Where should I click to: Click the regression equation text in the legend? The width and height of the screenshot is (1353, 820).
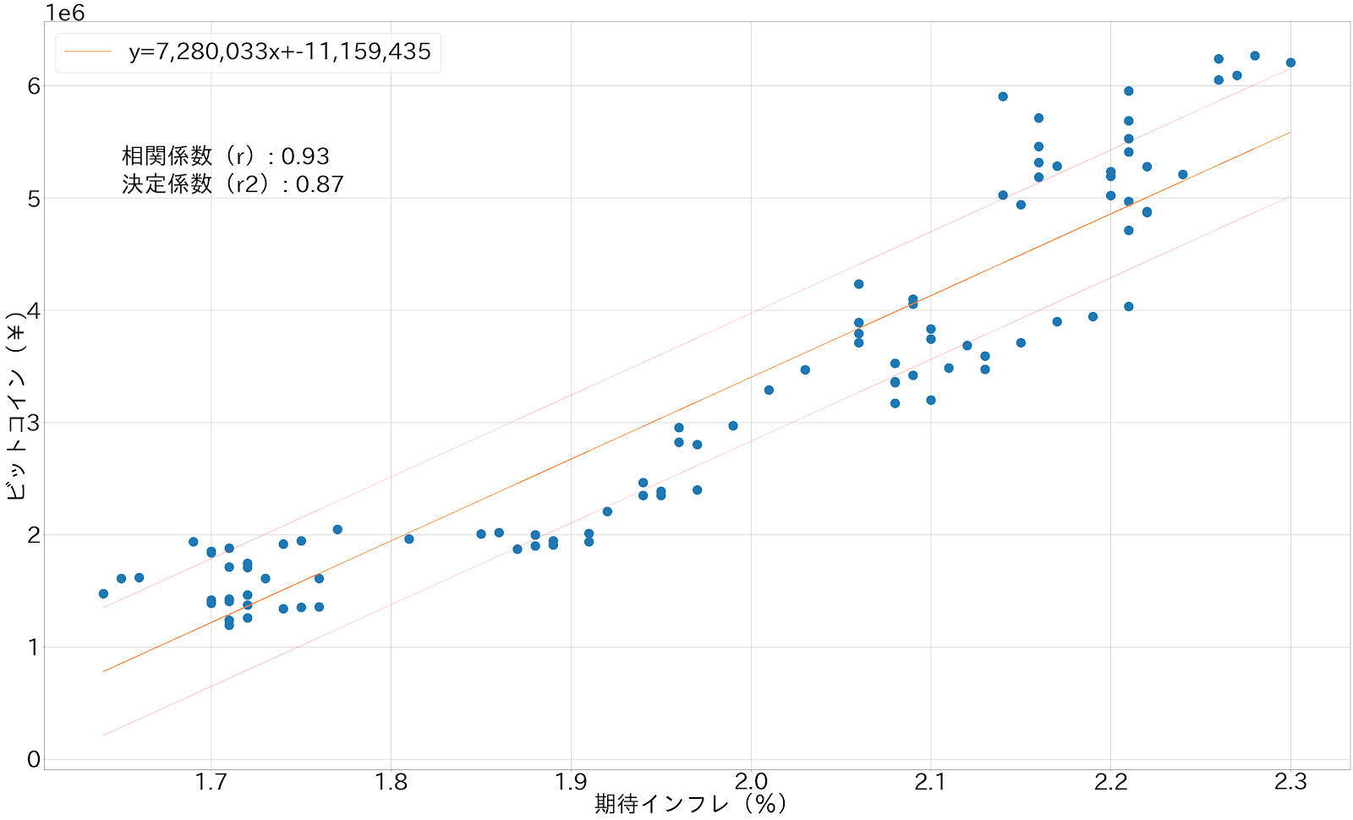pyautogui.click(x=279, y=52)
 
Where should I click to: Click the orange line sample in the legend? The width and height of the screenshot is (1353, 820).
pyautogui.click(x=88, y=52)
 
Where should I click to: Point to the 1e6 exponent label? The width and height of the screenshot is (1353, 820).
pyautogui.click(x=65, y=12)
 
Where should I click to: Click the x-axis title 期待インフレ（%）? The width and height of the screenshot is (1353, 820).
pyautogui.click(x=690, y=803)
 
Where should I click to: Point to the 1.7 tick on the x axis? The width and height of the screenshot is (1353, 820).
pyautogui.click(x=211, y=782)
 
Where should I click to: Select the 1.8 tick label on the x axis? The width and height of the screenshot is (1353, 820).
pyautogui.click(x=391, y=782)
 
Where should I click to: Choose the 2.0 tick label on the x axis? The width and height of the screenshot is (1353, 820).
pyautogui.click(x=751, y=782)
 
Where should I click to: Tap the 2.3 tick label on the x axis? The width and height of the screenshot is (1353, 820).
pyautogui.click(x=1290, y=782)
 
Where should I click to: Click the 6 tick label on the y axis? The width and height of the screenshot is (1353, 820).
pyautogui.click(x=34, y=86)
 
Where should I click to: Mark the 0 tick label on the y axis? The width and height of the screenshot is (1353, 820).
pyautogui.click(x=34, y=759)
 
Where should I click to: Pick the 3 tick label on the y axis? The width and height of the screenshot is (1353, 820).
pyautogui.click(x=34, y=423)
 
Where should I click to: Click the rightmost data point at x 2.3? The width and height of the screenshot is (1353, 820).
pyautogui.click(x=1290, y=63)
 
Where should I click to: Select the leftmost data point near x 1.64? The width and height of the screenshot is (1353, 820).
pyautogui.click(x=103, y=593)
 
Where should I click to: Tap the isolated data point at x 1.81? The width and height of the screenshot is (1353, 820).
pyautogui.click(x=409, y=538)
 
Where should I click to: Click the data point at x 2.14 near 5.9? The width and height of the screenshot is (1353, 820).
pyautogui.click(x=1003, y=96)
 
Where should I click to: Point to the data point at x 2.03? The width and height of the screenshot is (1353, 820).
pyautogui.click(x=805, y=369)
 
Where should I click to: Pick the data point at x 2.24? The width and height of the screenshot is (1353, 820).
pyautogui.click(x=1183, y=175)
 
